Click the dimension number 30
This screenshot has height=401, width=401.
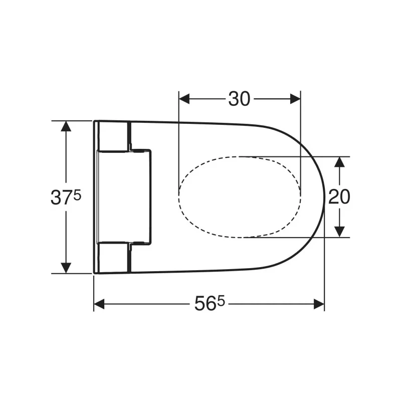click(239, 99)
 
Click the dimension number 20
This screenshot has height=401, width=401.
click(339, 196)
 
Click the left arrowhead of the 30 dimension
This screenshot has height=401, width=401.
click(184, 99)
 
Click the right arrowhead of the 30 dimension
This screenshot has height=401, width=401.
click(295, 99)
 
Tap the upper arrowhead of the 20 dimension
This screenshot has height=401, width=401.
click(339, 162)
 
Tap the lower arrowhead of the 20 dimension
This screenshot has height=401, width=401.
click(339, 232)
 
